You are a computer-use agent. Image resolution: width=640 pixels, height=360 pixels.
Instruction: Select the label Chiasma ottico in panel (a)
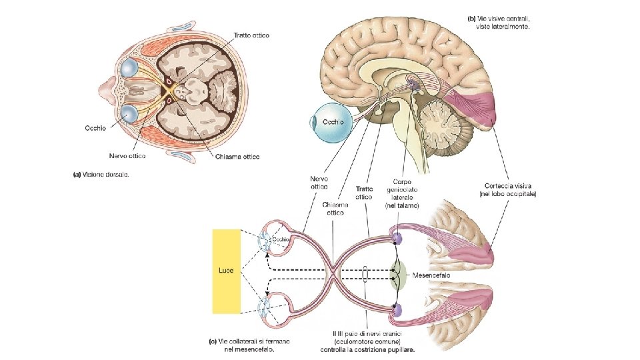point(237,156)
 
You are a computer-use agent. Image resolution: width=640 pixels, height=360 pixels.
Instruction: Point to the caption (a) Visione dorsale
point(101,175)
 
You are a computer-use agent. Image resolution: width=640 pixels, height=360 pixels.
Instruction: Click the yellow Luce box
point(226,271)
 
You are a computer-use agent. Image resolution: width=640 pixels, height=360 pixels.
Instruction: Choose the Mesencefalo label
point(431,274)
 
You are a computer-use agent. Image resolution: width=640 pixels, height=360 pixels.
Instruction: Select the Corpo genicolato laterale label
point(403,193)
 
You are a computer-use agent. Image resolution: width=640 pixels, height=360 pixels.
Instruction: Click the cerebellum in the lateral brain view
point(443,124)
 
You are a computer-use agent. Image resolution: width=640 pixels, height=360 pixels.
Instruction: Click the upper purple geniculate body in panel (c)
point(398,238)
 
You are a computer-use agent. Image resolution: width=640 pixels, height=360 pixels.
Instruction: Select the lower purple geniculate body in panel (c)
point(398,310)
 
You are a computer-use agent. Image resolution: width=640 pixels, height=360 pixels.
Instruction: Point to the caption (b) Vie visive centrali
point(503,22)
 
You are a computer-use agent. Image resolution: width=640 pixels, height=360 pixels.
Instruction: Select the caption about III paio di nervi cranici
point(374,341)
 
